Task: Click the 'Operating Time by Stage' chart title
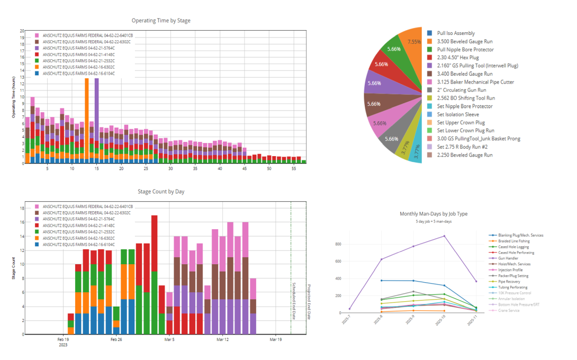point(161,21)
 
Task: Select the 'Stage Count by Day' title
point(161,192)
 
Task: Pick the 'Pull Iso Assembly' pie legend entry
point(455,33)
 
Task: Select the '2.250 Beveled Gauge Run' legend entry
point(464,155)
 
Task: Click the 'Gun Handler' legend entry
point(508,258)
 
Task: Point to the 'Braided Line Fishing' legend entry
point(513,241)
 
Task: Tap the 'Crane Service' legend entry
point(509,310)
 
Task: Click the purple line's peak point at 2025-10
point(444,236)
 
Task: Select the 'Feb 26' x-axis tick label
point(116,339)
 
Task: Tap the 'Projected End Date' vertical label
point(309,302)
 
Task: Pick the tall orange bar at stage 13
point(86,116)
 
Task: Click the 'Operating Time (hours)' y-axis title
point(15,97)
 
